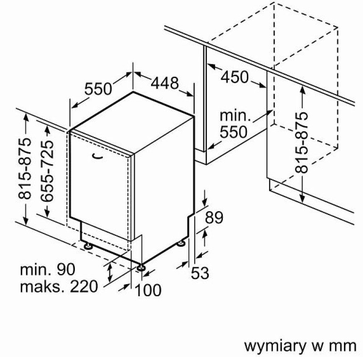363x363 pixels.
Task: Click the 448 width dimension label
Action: [165, 83]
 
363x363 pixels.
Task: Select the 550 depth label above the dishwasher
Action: [98, 88]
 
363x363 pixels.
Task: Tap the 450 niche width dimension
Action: [235, 77]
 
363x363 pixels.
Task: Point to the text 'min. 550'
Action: [235, 124]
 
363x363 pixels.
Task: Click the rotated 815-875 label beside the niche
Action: [302, 142]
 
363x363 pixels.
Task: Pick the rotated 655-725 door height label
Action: [47, 171]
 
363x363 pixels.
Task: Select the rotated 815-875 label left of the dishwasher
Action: [25, 168]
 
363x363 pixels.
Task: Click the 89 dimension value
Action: [214, 217]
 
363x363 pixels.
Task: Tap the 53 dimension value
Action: [200, 273]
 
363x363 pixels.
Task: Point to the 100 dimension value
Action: [148, 290]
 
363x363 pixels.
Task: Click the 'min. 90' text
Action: [48, 269]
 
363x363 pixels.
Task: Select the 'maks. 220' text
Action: [59, 286]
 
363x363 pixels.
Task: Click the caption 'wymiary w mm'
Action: [300, 346]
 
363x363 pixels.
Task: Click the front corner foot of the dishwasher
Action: [141, 267]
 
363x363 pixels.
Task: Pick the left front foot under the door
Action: [88, 245]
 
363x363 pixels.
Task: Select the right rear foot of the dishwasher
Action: [181, 243]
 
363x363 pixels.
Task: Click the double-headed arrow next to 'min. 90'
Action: [110, 273]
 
